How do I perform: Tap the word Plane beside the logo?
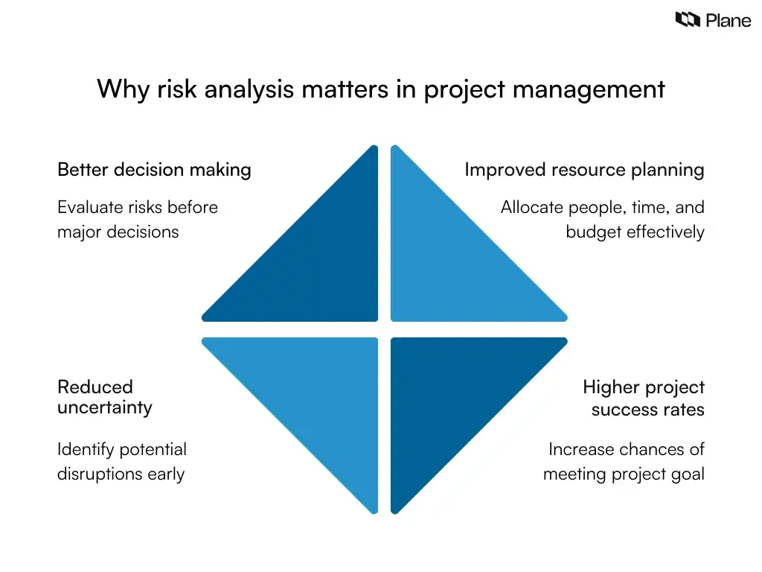[728, 21]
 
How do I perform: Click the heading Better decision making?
[154, 170]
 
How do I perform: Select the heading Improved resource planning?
[584, 170]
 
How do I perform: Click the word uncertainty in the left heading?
[105, 407]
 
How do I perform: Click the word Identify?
[85, 450]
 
